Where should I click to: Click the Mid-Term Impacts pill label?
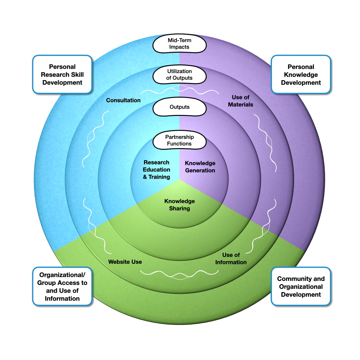pos(179,44)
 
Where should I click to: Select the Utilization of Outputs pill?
pos(179,75)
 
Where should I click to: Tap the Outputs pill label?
pos(179,107)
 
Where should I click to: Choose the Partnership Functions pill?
pos(179,140)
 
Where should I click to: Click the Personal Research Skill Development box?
pos(62,75)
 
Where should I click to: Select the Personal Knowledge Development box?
pos(301,75)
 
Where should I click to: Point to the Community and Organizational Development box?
pos(301,286)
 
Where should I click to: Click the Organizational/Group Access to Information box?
pos(62,286)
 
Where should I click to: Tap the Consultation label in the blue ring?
pos(123,100)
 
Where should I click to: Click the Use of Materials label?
pos(240,101)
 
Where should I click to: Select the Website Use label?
pos(125,262)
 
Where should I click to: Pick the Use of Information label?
pos(231,259)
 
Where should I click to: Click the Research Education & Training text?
pos(156,170)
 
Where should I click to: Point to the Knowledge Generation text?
pos(200,167)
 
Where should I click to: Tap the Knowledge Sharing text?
pos(179,205)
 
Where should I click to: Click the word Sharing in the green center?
pos(179,208)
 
